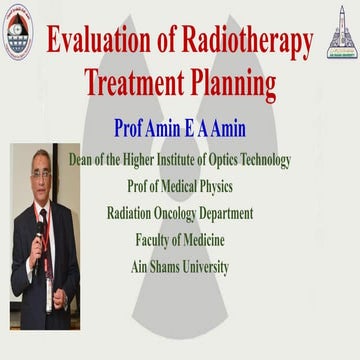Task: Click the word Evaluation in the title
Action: (95, 42)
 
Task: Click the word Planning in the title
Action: (234, 84)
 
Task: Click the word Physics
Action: (210, 186)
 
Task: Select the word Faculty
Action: (157, 239)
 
